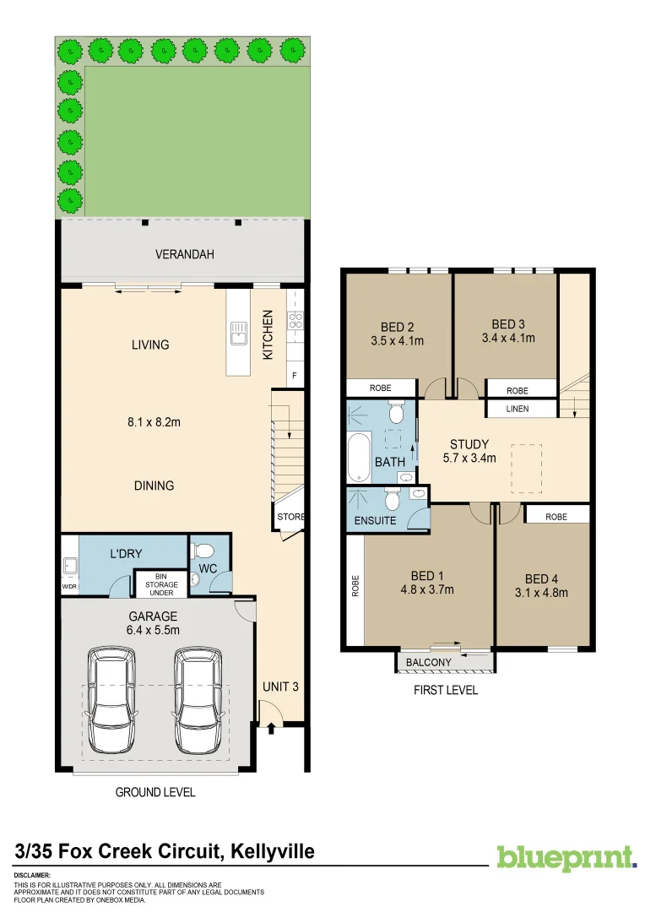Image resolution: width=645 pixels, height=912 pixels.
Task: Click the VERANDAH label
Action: point(185,253)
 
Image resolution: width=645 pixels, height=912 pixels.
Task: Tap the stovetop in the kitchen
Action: point(295,321)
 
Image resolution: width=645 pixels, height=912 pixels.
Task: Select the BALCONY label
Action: point(429,662)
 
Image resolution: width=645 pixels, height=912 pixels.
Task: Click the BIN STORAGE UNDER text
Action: point(160,584)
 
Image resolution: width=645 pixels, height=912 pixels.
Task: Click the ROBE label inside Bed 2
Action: point(381,388)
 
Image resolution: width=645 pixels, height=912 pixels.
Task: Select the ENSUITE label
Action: point(376,520)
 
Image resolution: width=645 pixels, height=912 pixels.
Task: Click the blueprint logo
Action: point(566,857)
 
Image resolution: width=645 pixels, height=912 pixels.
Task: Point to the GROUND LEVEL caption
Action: point(154,792)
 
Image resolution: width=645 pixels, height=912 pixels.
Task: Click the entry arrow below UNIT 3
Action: point(271,725)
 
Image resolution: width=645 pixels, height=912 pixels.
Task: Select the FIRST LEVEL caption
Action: point(445,690)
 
